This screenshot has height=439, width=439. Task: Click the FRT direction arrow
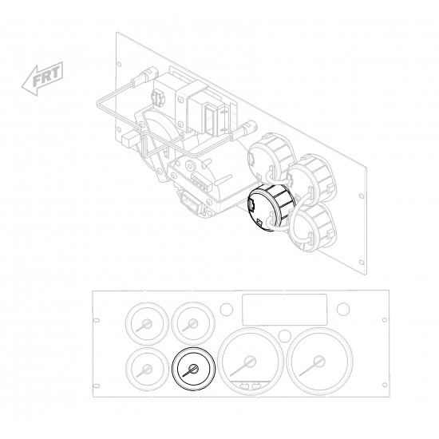pos(42,78)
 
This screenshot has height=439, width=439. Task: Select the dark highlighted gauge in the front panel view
pos(193,369)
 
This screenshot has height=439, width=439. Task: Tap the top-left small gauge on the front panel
pos(148,323)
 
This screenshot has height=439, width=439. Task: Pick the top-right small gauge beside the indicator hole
pos(193,323)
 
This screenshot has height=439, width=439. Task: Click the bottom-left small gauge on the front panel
pos(148,369)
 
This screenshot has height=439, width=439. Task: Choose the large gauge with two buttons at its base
pos(251,362)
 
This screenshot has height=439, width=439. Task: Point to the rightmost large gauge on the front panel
pos(320,362)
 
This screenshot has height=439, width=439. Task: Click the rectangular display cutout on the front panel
pos(285,310)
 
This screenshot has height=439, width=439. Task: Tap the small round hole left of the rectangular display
pos(226,309)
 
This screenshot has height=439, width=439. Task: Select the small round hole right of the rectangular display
pos(343,309)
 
